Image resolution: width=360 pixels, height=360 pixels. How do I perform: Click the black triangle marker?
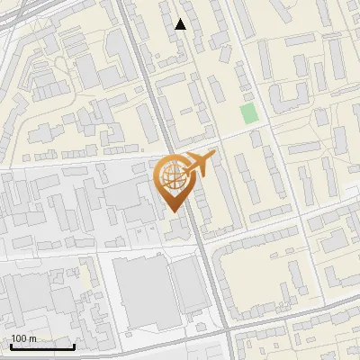coord(181,24)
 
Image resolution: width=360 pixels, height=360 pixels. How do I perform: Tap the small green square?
coord(248,114)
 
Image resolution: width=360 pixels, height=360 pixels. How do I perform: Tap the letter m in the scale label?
coord(33,338)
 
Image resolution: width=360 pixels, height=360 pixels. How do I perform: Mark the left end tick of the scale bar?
coord(11,345)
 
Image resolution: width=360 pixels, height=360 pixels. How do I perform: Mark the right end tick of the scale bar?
coord(74,345)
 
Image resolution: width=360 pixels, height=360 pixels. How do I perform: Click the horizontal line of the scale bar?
coord(42,346)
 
